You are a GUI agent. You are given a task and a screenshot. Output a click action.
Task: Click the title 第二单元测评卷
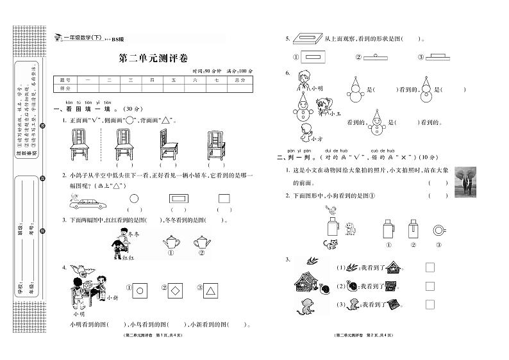click(153, 58)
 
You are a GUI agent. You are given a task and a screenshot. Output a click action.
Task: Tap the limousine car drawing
click(91, 202)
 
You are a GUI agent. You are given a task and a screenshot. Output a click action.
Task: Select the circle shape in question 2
click(134, 199)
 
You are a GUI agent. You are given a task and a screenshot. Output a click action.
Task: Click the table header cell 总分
click(239, 80)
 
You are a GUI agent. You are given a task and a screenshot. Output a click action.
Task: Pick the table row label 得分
click(64, 88)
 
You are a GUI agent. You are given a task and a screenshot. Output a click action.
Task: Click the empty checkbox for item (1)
click(430, 268)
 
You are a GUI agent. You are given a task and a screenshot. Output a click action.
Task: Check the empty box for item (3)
click(430, 304)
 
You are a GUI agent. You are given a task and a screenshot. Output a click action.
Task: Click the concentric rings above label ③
click(438, 229)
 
